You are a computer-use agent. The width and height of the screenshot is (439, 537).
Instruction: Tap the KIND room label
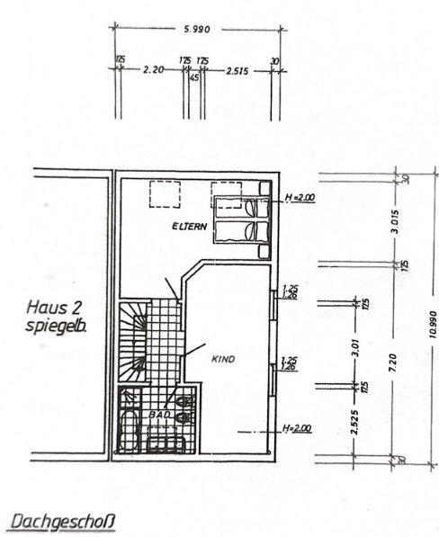[222, 359]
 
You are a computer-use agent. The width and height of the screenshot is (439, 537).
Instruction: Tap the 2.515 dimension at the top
[237, 69]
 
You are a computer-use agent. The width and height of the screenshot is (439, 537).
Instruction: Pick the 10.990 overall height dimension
[432, 319]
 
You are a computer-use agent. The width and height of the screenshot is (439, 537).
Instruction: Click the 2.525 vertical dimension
[356, 424]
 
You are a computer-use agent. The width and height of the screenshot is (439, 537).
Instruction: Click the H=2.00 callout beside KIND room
[297, 429]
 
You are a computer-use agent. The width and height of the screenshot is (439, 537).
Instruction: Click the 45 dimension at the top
[193, 78]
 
